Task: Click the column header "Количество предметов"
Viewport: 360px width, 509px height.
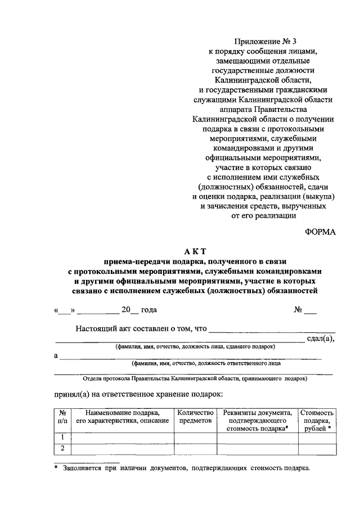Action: (195, 416)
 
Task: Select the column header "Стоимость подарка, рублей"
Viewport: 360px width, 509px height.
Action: (317, 420)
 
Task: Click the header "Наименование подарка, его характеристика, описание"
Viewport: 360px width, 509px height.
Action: (122, 416)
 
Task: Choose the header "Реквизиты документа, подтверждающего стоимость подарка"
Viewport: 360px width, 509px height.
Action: (257, 420)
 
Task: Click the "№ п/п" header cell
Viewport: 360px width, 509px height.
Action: (63, 416)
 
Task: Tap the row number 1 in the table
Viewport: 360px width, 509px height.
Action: (63, 438)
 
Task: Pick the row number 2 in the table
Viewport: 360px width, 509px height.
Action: (63, 448)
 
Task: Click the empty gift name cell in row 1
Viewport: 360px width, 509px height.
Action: (122, 438)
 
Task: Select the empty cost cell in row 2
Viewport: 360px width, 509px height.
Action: (317, 448)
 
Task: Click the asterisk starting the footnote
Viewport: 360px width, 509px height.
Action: (56, 468)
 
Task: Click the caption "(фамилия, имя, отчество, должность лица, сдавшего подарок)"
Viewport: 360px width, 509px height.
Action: (195, 346)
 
